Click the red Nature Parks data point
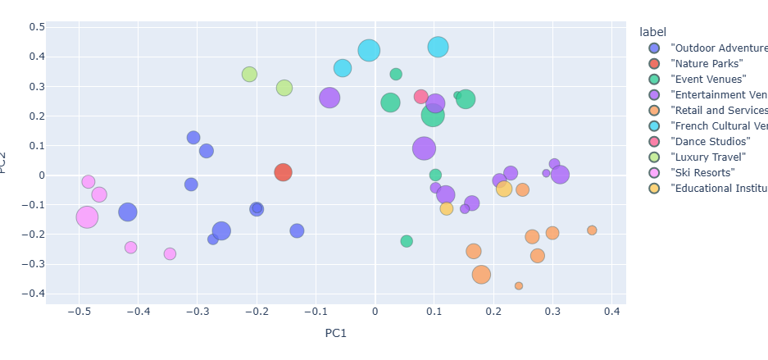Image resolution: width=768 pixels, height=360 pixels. pos(283,172)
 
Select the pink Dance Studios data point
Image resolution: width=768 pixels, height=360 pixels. pos(421,97)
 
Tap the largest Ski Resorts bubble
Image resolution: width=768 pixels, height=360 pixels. pos(87,216)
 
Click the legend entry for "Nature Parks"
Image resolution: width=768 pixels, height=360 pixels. pos(707,63)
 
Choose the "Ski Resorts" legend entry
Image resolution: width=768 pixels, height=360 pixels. pos(702,172)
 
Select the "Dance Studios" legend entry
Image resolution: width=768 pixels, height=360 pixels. pos(710,141)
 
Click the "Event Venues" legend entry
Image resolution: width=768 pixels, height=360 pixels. pos(708,79)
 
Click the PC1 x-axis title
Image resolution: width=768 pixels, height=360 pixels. pos(336,334)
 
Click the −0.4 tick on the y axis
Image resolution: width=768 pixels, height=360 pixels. pos(34,294)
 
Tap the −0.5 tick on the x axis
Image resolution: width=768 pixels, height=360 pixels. pos(79,312)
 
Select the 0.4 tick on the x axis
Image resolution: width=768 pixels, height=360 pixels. pos(611,312)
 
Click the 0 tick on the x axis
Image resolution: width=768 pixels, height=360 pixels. pos(375,312)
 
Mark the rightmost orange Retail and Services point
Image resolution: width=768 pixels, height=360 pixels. pos(592,230)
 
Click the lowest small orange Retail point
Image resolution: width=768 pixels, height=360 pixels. pos(519,286)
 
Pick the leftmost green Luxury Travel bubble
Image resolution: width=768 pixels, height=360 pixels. pos(249,75)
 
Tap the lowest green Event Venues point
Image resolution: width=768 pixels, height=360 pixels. pos(407,241)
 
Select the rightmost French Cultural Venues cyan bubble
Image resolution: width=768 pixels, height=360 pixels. pos(439,47)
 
